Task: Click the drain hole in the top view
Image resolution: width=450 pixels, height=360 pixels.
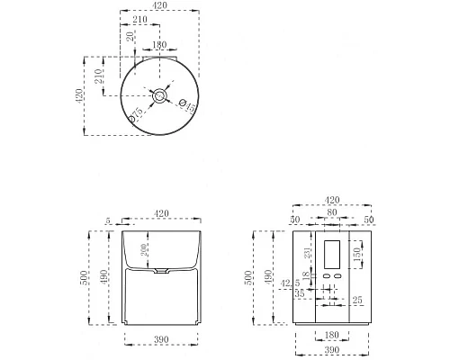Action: click(159, 94)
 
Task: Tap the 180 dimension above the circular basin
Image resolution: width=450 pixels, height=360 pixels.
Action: click(159, 45)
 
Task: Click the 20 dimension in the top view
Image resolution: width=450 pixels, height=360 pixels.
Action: click(131, 37)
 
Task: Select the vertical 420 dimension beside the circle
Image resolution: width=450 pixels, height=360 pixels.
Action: click(80, 95)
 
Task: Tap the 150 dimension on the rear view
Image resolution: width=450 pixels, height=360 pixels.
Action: click(356, 256)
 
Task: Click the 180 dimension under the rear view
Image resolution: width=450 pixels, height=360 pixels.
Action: click(330, 335)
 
